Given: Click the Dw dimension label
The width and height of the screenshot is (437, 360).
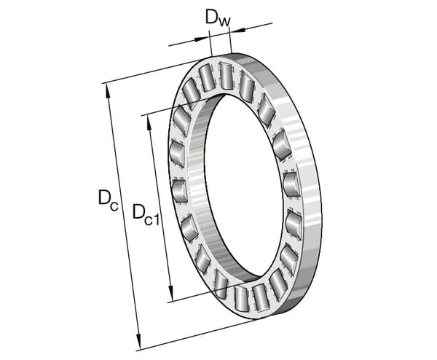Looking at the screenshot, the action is pos(218,18).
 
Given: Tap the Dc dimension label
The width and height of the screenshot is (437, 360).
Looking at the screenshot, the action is pos(108,199).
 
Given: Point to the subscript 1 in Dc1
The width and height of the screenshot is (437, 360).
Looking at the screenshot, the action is pos(156,219).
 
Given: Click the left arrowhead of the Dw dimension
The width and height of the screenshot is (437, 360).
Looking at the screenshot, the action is pos(201,39).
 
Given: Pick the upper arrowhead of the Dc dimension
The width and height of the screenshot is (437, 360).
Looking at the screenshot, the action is pos(107,90).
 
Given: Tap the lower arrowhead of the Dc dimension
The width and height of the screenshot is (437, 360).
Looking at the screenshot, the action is pos(138,342).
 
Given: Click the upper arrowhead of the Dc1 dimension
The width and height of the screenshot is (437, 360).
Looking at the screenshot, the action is pos(149,123).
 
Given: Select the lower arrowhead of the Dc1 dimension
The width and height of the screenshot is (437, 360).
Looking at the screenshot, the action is pos(171,294).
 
